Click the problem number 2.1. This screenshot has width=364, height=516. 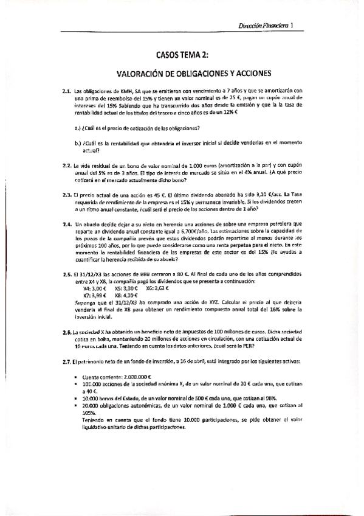67,91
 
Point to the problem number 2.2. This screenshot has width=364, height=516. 67,166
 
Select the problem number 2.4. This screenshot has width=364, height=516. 67,223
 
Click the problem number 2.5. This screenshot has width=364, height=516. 67,274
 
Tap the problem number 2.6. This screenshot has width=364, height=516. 67,332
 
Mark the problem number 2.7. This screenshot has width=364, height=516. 67,361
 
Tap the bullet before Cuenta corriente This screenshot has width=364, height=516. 75,378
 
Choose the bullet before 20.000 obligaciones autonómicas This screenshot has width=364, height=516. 75,405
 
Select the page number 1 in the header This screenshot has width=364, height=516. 292,26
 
